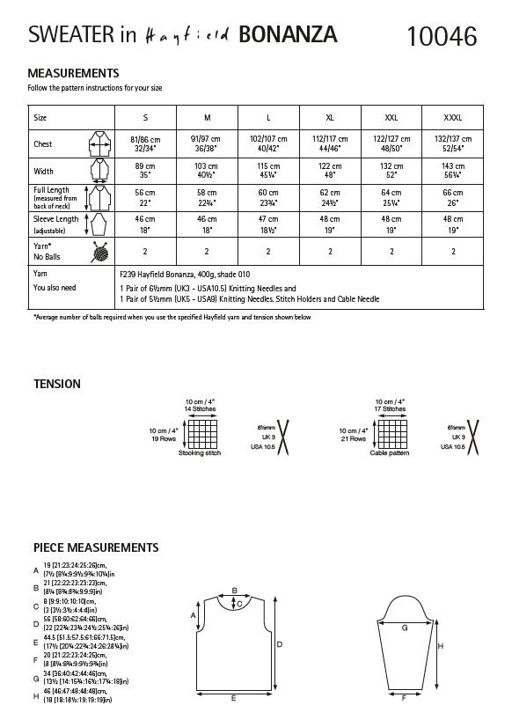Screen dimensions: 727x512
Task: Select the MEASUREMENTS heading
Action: [74, 73]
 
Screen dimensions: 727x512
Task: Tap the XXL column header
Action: [391, 117]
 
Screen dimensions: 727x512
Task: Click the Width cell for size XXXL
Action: [453, 171]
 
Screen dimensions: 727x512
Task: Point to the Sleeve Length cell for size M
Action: [207, 224]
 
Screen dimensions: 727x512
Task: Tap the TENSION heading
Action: [57, 384]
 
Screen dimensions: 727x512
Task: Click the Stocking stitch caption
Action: [200, 452]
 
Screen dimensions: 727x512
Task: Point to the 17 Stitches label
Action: [390, 409]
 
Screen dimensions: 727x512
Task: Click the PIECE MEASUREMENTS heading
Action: [96, 547]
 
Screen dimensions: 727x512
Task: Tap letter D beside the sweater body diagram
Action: [279, 644]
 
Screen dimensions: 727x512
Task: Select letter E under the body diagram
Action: [232, 698]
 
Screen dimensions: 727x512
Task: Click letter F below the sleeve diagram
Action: [404, 698]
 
